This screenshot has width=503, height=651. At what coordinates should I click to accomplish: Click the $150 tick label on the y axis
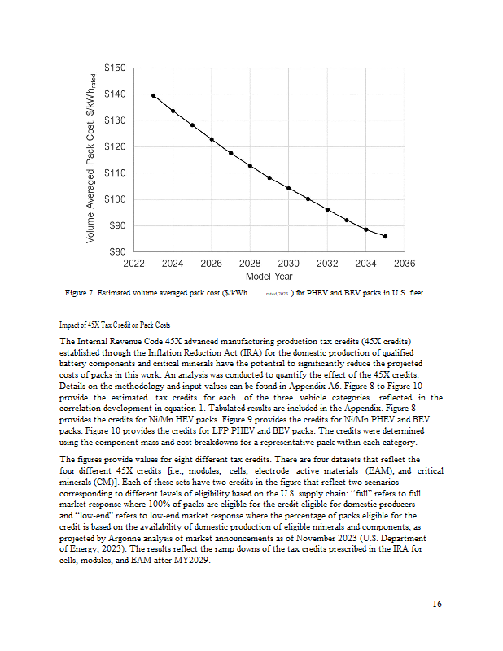pyautogui.click(x=115, y=68)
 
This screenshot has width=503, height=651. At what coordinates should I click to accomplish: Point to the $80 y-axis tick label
pyautogui.click(x=117, y=251)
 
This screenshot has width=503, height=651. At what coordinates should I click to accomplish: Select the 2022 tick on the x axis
pyautogui.click(x=133, y=264)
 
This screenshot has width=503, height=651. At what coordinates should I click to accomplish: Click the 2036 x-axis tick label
pyautogui.click(x=405, y=264)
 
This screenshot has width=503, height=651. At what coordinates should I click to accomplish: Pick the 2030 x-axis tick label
pyautogui.click(x=288, y=264)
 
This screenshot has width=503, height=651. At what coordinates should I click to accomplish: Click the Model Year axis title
pyautogui.click(x=269, y=277)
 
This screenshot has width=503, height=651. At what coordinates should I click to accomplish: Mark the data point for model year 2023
pyautogui.click(x=153, y=95)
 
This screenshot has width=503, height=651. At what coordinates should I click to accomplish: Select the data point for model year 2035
pyautogui.click(x=385, y=236)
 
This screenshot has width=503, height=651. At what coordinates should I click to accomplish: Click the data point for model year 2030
pyautogui.click(x=288, y=188)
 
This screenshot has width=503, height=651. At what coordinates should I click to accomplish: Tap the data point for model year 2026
pyautogui.click(x=211, y=139)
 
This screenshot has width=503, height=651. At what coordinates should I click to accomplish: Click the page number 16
pyautogui.click(x=437, y=604)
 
